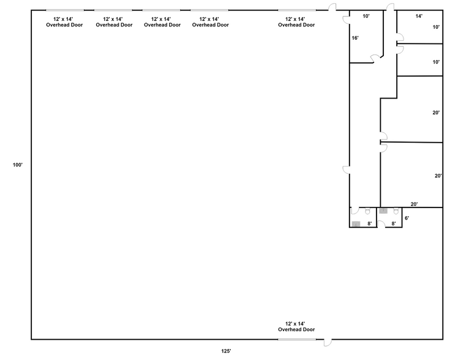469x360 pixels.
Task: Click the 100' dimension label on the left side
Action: coord(17,165)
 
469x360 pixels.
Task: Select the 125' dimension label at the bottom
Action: coord(226,351)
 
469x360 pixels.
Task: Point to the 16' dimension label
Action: coord(355,38)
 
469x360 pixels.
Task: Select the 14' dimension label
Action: coord(419,17)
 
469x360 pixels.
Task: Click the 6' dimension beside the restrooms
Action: coord(407,218)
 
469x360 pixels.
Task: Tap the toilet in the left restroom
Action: coord(367,211)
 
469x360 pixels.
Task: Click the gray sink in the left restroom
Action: coord(356,223)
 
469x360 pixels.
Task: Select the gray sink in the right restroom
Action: coord(383,211)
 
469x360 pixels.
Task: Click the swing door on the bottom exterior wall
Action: coord(329,343)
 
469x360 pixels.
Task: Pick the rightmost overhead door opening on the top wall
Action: coord(297,10)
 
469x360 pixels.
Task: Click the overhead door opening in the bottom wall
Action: coord(297,339)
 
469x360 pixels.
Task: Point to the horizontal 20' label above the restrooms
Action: coord(414,204)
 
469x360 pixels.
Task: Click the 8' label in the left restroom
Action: coord(370,223)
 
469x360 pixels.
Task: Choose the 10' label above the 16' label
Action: coord(366,17)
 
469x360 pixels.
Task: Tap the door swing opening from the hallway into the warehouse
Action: coord(346,170)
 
